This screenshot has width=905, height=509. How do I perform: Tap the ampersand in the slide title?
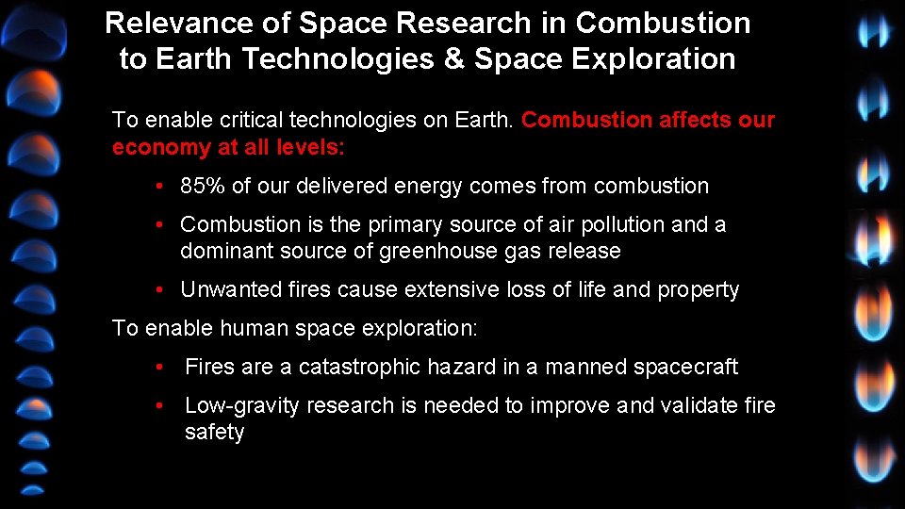(452, 59)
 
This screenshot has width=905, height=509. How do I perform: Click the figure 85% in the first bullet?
(203, 186)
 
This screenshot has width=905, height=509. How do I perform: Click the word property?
(698, 290)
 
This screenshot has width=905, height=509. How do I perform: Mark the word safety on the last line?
(214, 433)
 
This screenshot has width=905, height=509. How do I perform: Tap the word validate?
(693, 405)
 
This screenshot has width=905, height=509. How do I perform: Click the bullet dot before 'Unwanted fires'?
(162, 289)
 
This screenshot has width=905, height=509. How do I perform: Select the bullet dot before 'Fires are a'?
(162, 367)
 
